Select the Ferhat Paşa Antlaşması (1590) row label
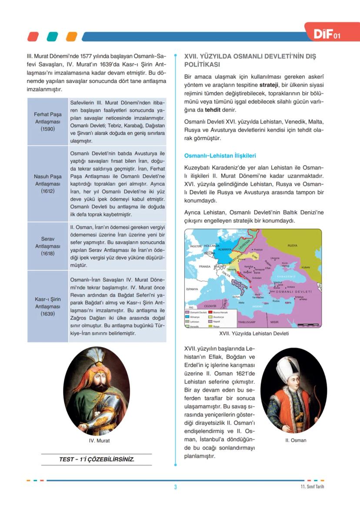48,122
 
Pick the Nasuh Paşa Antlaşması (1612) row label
48,183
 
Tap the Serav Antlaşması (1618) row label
48,246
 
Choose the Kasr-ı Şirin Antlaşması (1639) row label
48,306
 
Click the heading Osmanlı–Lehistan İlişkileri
220,155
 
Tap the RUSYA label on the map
292,246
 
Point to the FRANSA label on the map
204,266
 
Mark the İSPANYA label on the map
192,289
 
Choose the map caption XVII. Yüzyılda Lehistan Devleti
254,334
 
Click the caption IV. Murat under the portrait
99,440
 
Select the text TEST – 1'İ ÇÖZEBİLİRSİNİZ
97,459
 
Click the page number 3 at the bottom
175,487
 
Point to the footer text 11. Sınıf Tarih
312,486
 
